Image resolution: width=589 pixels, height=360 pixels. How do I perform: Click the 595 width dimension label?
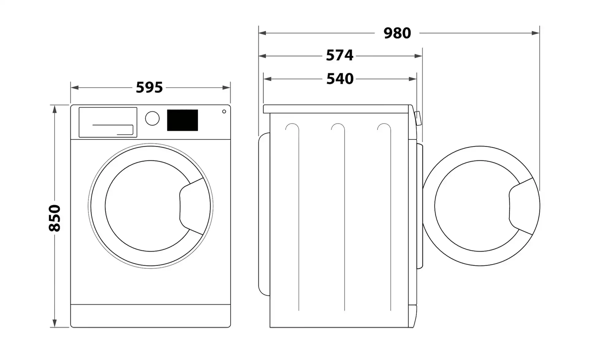(x=149, y=87)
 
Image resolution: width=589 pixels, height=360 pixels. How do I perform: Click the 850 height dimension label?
(x=55, y=218)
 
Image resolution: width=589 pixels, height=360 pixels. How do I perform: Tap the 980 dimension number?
(x=397, y=33)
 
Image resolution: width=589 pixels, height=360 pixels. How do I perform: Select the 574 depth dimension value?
(x=340, y=56)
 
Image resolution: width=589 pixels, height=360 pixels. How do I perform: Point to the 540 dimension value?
(x=340, y=79)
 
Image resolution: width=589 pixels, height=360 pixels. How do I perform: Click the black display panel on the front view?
(x=183, y=120)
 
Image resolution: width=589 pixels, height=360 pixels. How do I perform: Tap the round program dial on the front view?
(x=152, y=118)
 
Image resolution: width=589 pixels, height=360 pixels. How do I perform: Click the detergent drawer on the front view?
(x=108, y=122)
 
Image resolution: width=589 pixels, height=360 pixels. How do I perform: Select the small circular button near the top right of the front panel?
(x=224, y=111)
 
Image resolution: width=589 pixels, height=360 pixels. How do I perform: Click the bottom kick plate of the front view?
(x=151, y=316)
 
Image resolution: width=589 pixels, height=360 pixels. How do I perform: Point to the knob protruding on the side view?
(x=418, y=118)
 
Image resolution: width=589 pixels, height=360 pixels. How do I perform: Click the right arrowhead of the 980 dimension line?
(x=536, y=33)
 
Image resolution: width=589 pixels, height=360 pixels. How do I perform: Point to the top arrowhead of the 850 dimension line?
(x=55, y=109)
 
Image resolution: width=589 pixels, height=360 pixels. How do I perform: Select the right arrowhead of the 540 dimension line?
(x=413, y=79)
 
